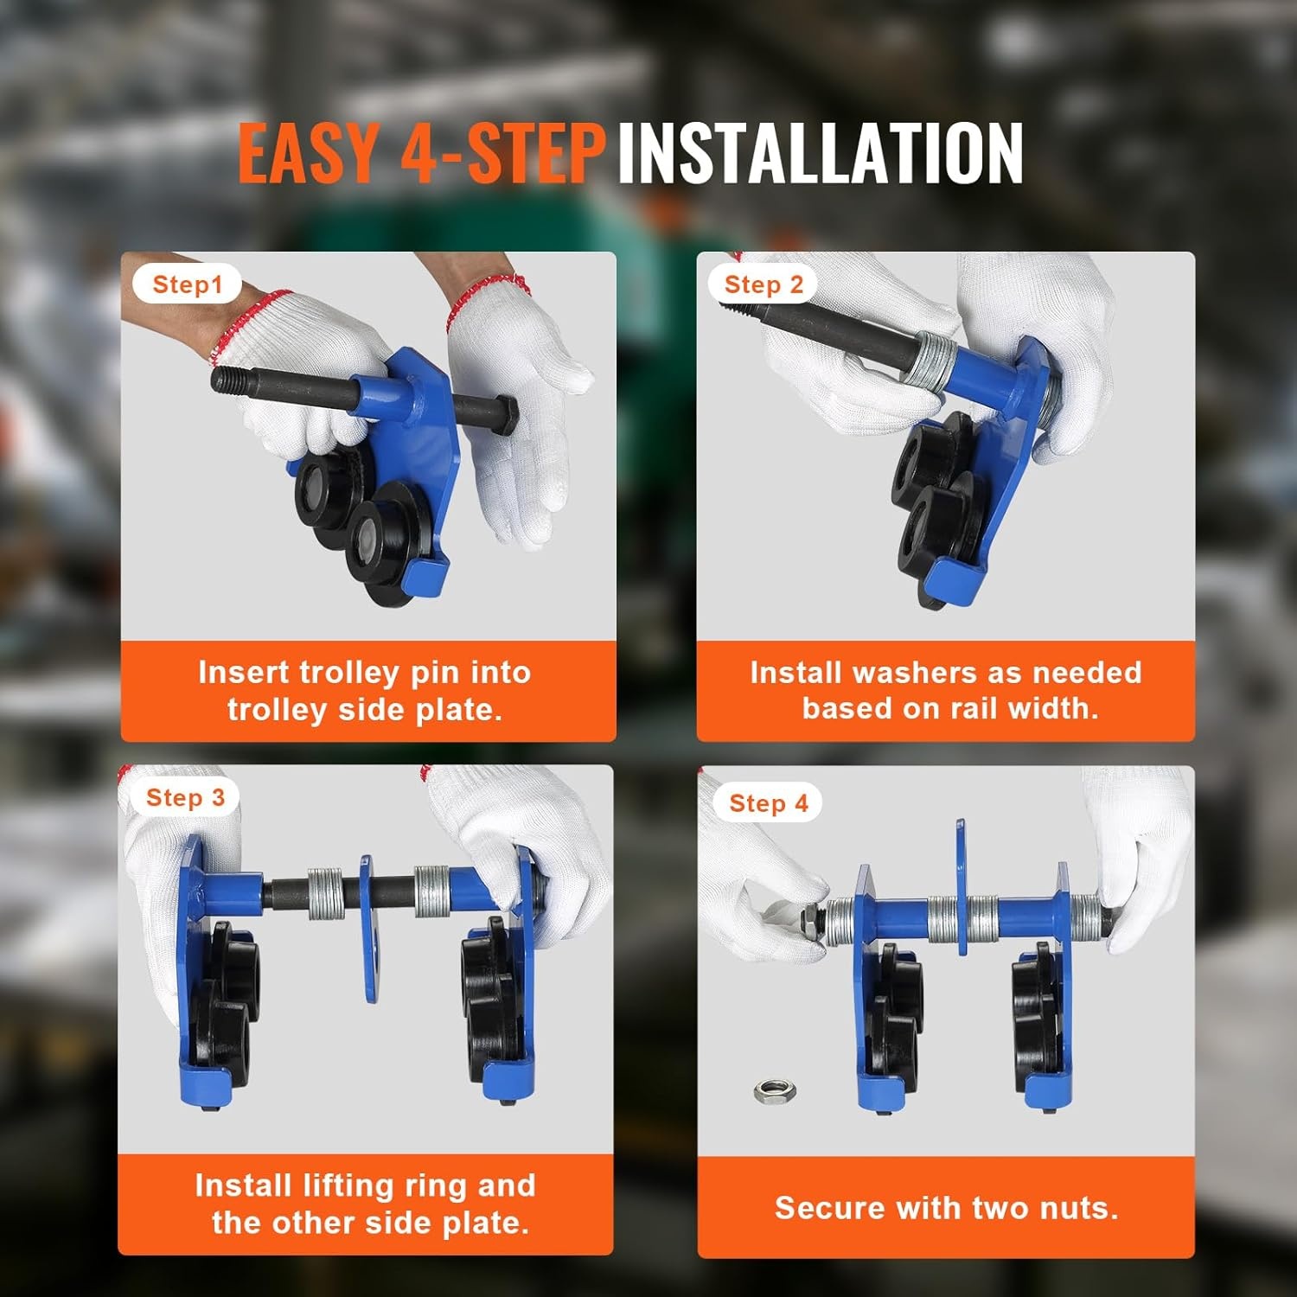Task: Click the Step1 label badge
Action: point(187,284)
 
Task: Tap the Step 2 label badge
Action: point(764,284)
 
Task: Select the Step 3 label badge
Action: point(185,797)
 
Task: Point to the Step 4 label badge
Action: point(768,803)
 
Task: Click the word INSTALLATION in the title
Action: point(821,152)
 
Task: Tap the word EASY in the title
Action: point(309,152)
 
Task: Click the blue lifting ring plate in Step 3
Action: point(371,929)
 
